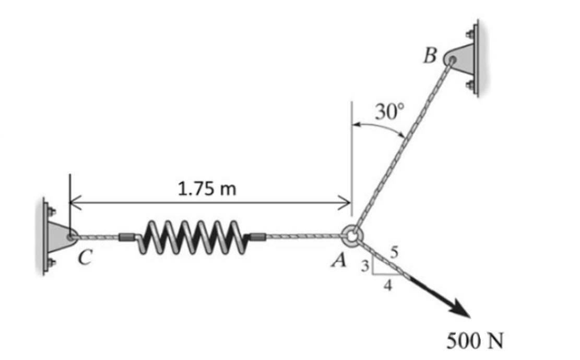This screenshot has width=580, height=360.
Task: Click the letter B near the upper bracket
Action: coord(431,55)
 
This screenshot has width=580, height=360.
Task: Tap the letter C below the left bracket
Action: coord(83,257)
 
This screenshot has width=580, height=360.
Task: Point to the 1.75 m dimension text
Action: coord(207,189)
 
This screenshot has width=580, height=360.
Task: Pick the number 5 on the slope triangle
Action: coord(395,253)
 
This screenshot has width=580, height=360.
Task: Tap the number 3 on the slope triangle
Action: coord(365,267)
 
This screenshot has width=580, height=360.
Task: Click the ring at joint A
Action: coord(351,236)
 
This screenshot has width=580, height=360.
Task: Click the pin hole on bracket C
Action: coord(69,236)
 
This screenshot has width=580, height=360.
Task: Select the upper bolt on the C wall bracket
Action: coord(51,212)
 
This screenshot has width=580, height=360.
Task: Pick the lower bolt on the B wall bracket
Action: coord(471,84)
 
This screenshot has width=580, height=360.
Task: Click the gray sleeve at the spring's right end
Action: coord(258,237)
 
